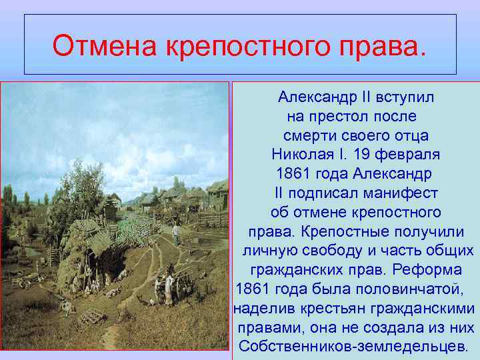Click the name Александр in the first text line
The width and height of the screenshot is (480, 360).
point(317,97)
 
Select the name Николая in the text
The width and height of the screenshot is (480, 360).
point(301,155)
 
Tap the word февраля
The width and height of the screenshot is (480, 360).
point(407,155)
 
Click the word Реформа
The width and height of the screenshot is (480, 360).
point(431,271)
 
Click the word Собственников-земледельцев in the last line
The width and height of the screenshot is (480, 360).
point(353,347)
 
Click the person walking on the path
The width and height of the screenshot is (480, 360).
point(176,233)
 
